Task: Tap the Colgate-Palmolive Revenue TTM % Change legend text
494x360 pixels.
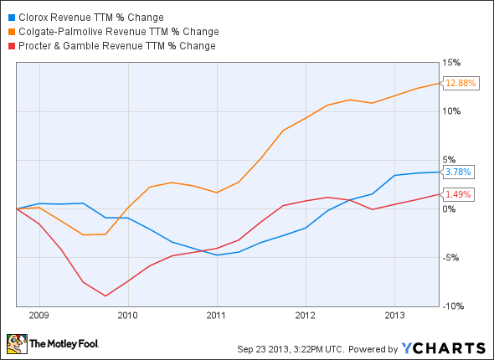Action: point(118,32)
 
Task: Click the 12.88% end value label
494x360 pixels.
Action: point(460,83)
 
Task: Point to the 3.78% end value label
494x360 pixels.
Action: point(458,172)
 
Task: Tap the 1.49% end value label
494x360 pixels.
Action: point(458,194)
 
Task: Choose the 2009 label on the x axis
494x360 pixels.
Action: point(39,316)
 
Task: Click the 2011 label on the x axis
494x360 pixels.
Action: point(216,316)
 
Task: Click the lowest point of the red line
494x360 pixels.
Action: point(105,296)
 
